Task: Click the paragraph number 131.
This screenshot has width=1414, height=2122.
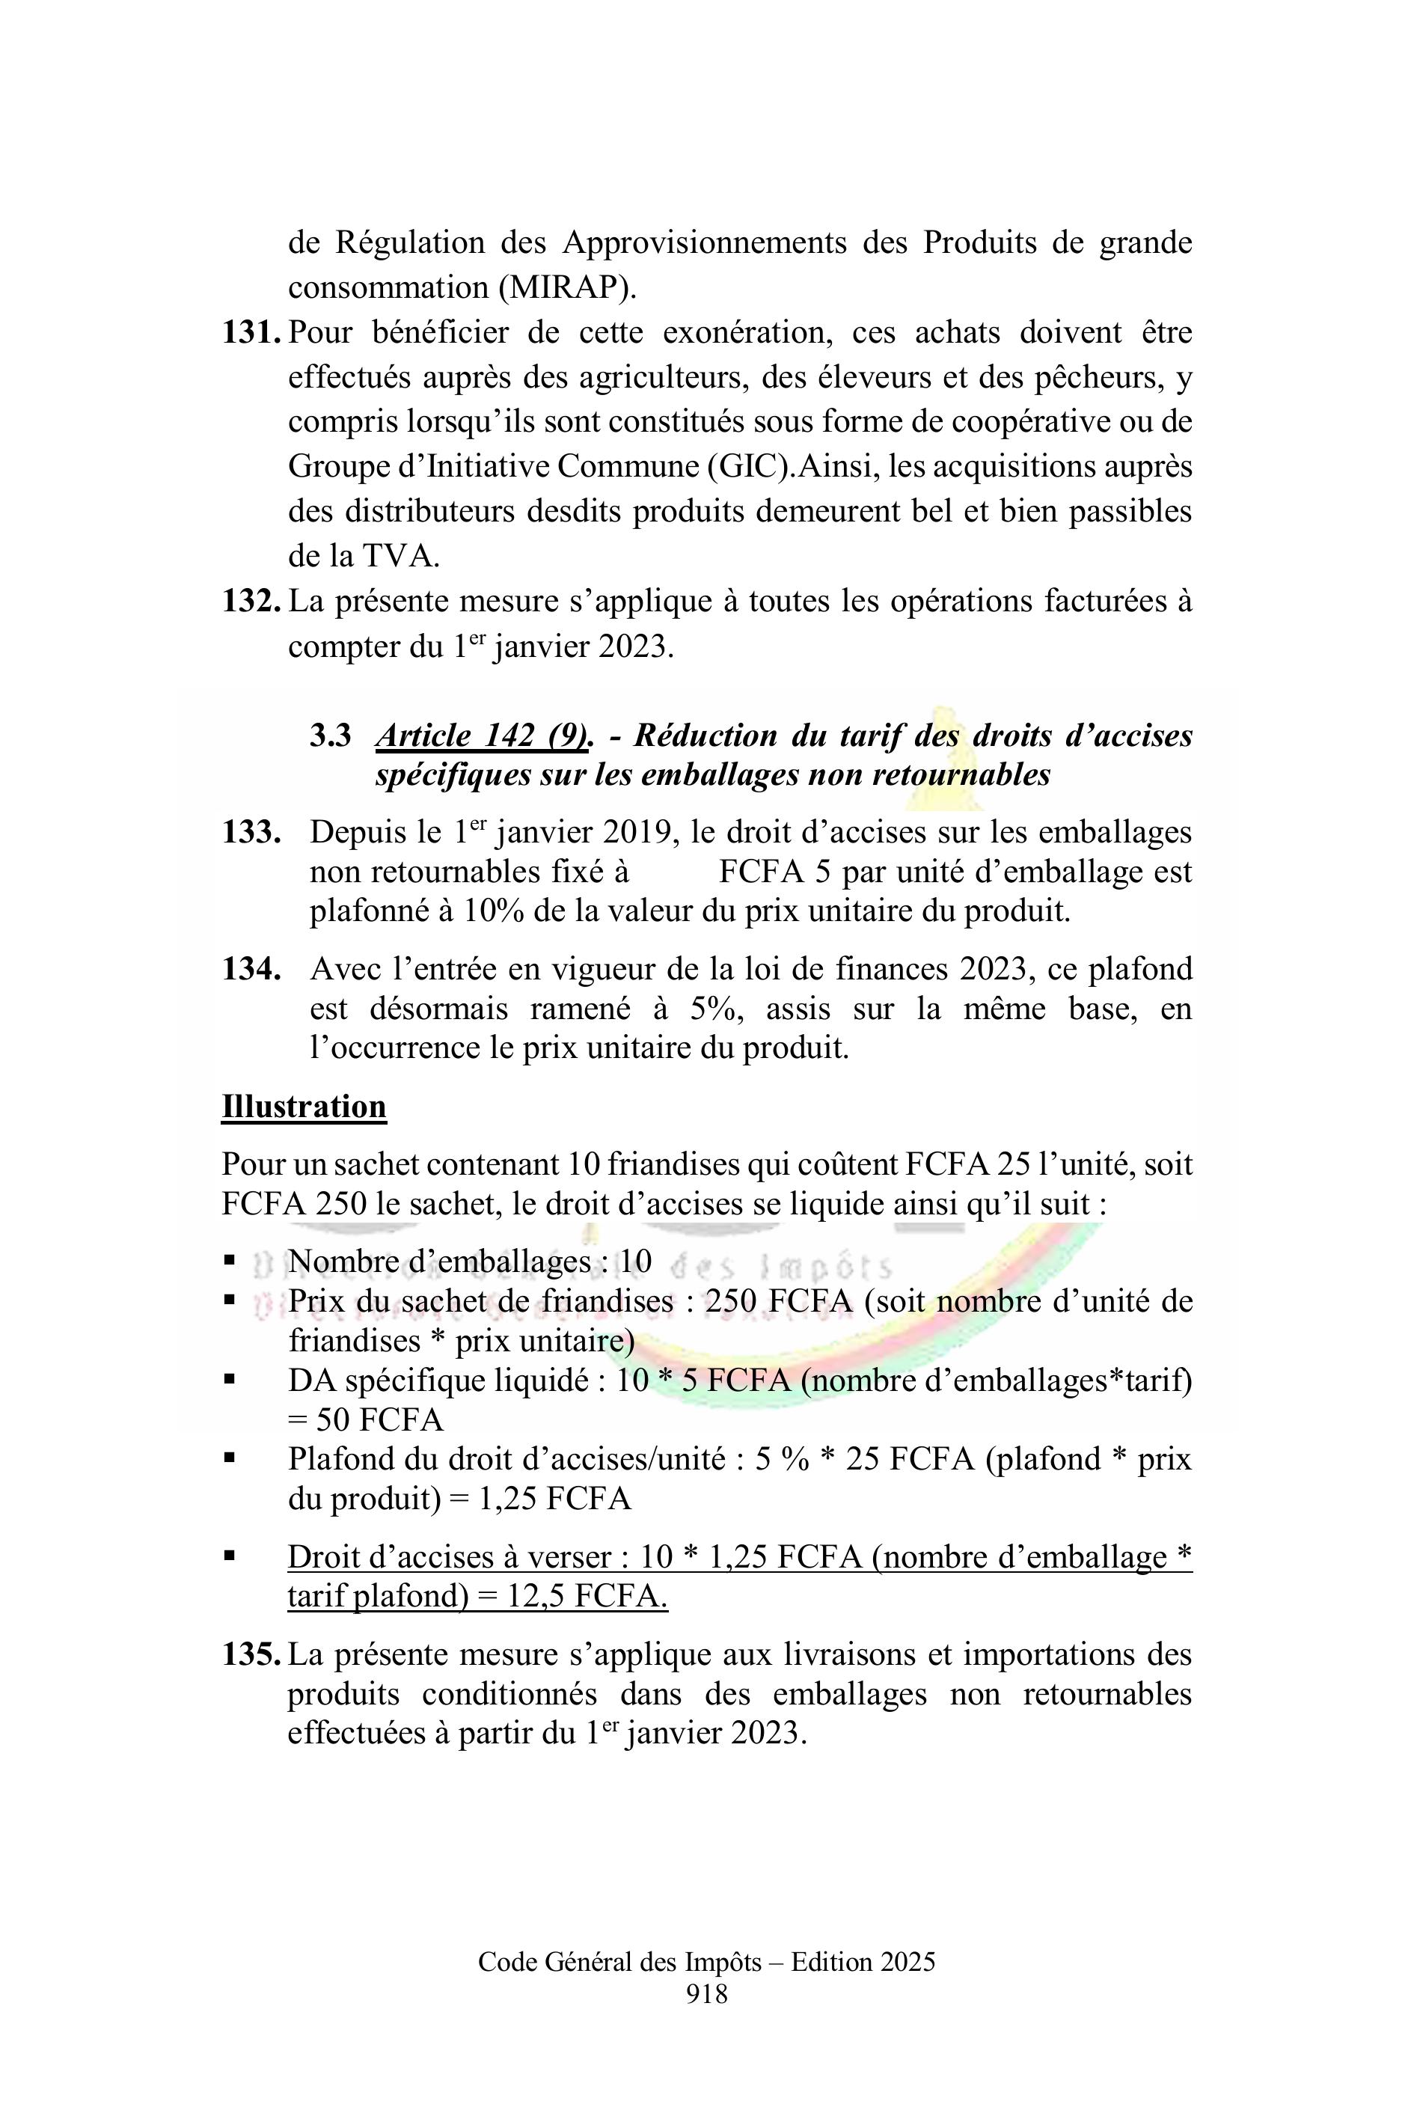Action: (251, 333)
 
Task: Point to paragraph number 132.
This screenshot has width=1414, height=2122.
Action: (251, 602)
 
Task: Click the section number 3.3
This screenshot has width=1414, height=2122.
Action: (330, 736)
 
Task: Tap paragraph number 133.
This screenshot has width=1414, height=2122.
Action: (251, 832)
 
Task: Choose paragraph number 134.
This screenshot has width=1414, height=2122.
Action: (251, 970)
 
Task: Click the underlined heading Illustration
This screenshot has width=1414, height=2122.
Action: (304, 1107)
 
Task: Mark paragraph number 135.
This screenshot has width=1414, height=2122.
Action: (251, 1655)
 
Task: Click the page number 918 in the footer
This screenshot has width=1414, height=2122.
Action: (706, 1994)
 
